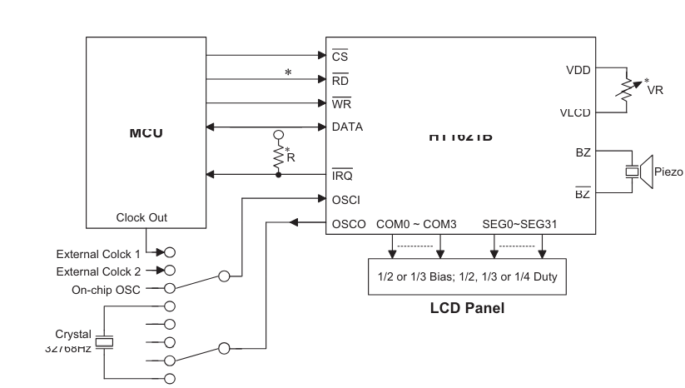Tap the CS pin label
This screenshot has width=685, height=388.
[x=340, y=57]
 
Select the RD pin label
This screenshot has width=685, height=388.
[x=340, y=81]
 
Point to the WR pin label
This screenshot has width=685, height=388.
[x=341, y=104]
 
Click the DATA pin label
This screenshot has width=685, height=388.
[x=347, y=127]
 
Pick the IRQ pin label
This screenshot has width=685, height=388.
[x=342, y=175]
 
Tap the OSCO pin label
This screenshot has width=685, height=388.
[x=349, y=223]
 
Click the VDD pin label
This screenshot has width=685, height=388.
[x=577, y=70]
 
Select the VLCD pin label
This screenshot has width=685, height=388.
[x=575, y=112]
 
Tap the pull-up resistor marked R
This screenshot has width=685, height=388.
[x=278, y=156]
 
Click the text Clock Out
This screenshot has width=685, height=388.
[x=141, y=217]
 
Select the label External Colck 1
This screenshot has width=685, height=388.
[x=98, y=253]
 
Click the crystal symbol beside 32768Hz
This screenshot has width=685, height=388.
[x=103, y=342]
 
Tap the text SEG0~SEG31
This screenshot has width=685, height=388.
[x=519, y=223]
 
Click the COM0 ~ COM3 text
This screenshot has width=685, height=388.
[x=416, y=223]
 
